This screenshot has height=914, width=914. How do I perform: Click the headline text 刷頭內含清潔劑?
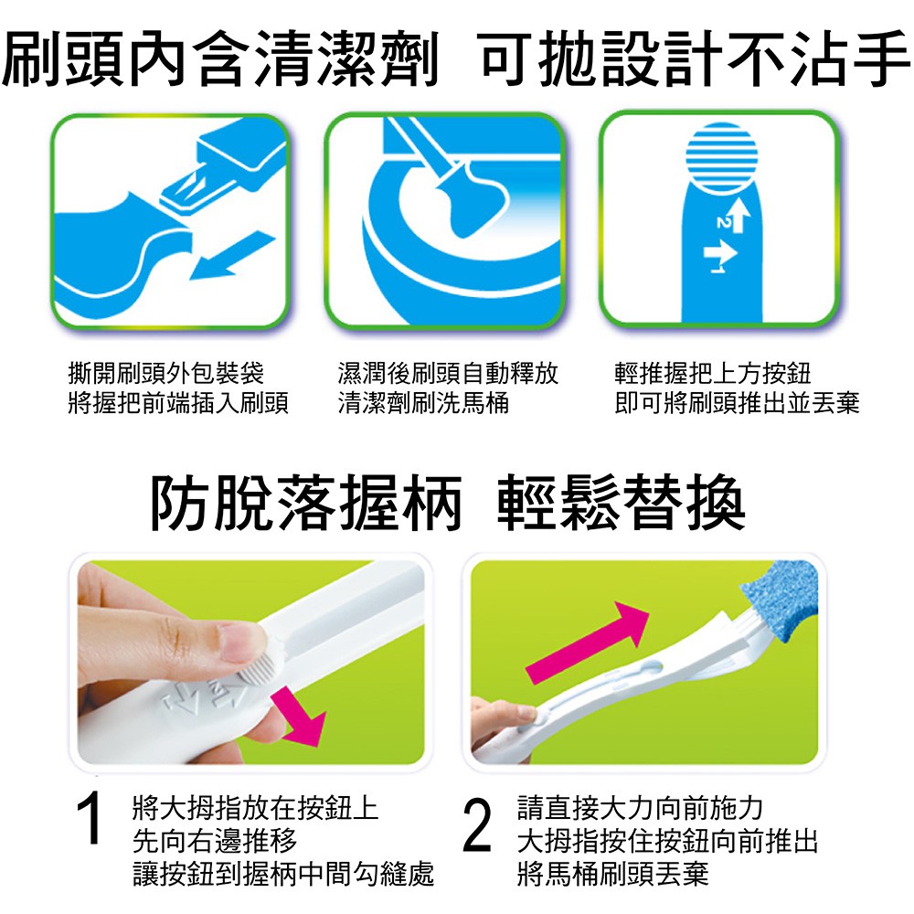coord(220,58)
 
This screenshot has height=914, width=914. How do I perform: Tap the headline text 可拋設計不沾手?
coord(694,58)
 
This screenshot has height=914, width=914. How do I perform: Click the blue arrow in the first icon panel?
coord(232,255)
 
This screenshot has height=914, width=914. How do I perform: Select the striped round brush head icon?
coord(722,157)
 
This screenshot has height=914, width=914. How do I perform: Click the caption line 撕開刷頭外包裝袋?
coord(165,373)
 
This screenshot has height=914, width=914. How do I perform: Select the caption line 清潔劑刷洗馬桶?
coord(423,403)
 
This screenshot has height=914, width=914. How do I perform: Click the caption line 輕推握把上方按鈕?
coord(712,373)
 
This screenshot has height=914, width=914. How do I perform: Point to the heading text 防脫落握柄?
coord(306,503)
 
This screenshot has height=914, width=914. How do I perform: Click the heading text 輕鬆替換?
coord(621,503)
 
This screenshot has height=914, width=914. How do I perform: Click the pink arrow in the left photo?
coord(301,716)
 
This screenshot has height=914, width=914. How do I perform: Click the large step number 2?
coord(477,824)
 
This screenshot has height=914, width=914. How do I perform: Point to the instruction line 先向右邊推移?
coord(215,841)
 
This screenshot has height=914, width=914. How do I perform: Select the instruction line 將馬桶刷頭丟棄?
coord(612,874)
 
